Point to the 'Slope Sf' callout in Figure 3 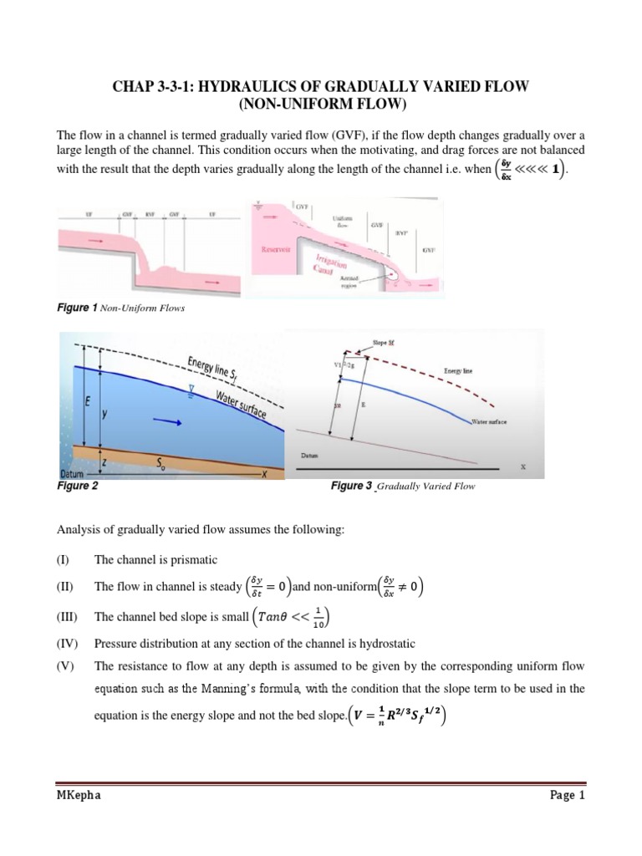coord(372,342)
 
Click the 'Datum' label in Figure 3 coord(311,456)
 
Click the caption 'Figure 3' coord(351,486)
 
